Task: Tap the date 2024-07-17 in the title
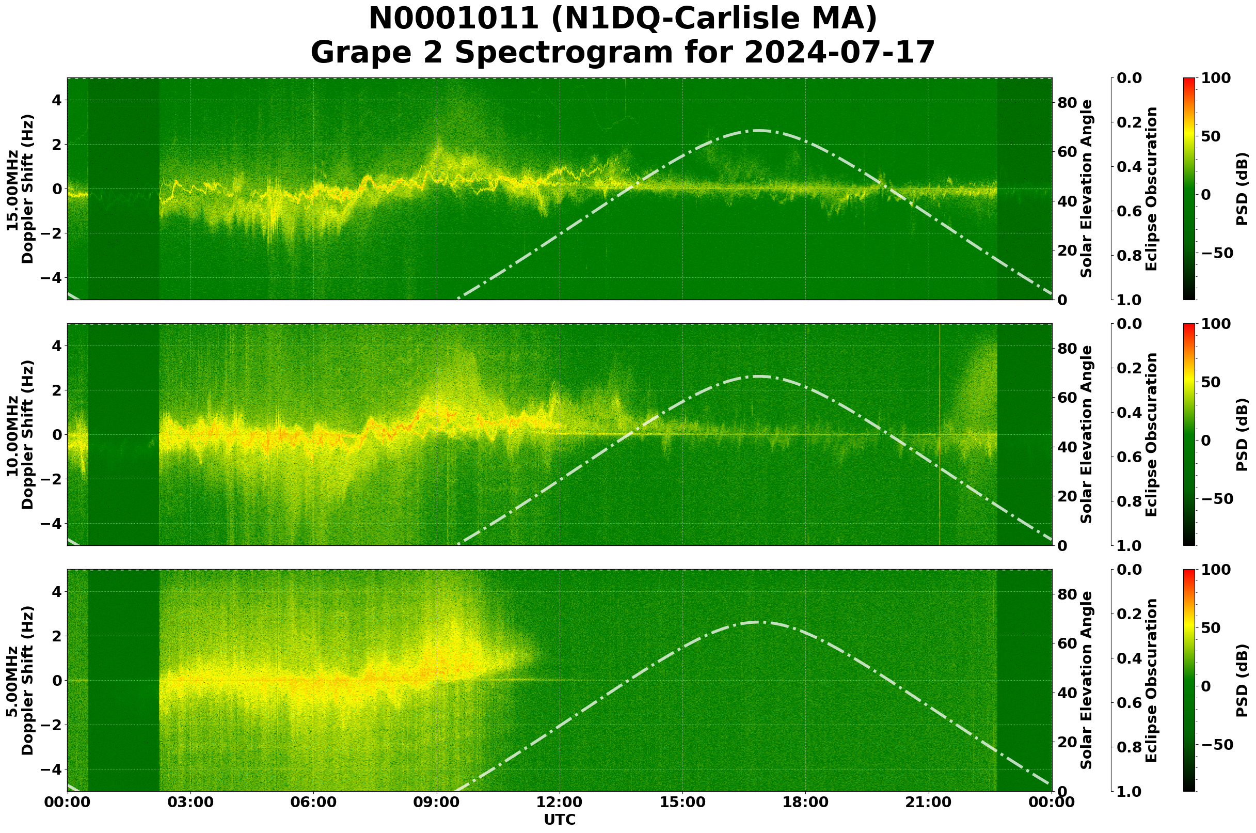(839, 52)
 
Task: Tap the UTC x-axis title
(559, 819)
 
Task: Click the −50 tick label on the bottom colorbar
(1216, 744)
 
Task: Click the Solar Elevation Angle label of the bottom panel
(1087, 681)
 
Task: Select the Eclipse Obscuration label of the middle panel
(1151, 434)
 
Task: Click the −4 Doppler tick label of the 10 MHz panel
(52, 524)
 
